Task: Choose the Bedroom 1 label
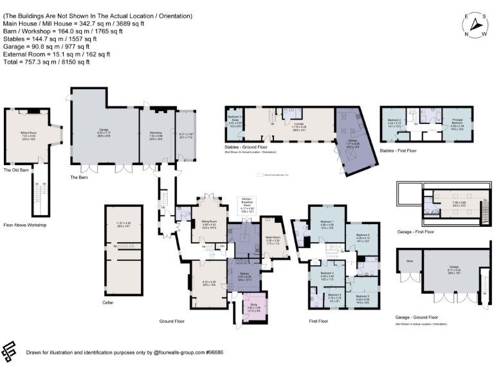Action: point(326,222)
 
